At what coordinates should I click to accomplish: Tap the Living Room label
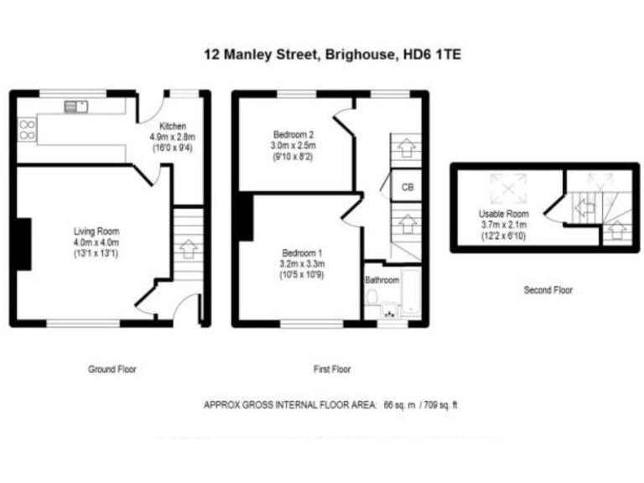click(96, 231)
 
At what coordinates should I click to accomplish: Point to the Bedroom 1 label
click(302, 253)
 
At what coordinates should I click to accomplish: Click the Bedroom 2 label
click(293, 134)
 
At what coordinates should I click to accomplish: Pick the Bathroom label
click(382, 280)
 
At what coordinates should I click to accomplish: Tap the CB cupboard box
click(406, 187)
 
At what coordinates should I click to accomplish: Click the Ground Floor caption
click(112, 369)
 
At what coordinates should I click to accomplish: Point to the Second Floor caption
click(548, 290)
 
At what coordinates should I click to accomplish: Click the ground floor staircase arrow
click(187, 249)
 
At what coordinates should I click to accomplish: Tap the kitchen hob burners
click(27, 128)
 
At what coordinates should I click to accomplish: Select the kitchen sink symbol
click(70, 106)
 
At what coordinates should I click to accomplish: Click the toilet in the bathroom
click(373, 298)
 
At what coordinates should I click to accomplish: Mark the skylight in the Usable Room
click(508, 184)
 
